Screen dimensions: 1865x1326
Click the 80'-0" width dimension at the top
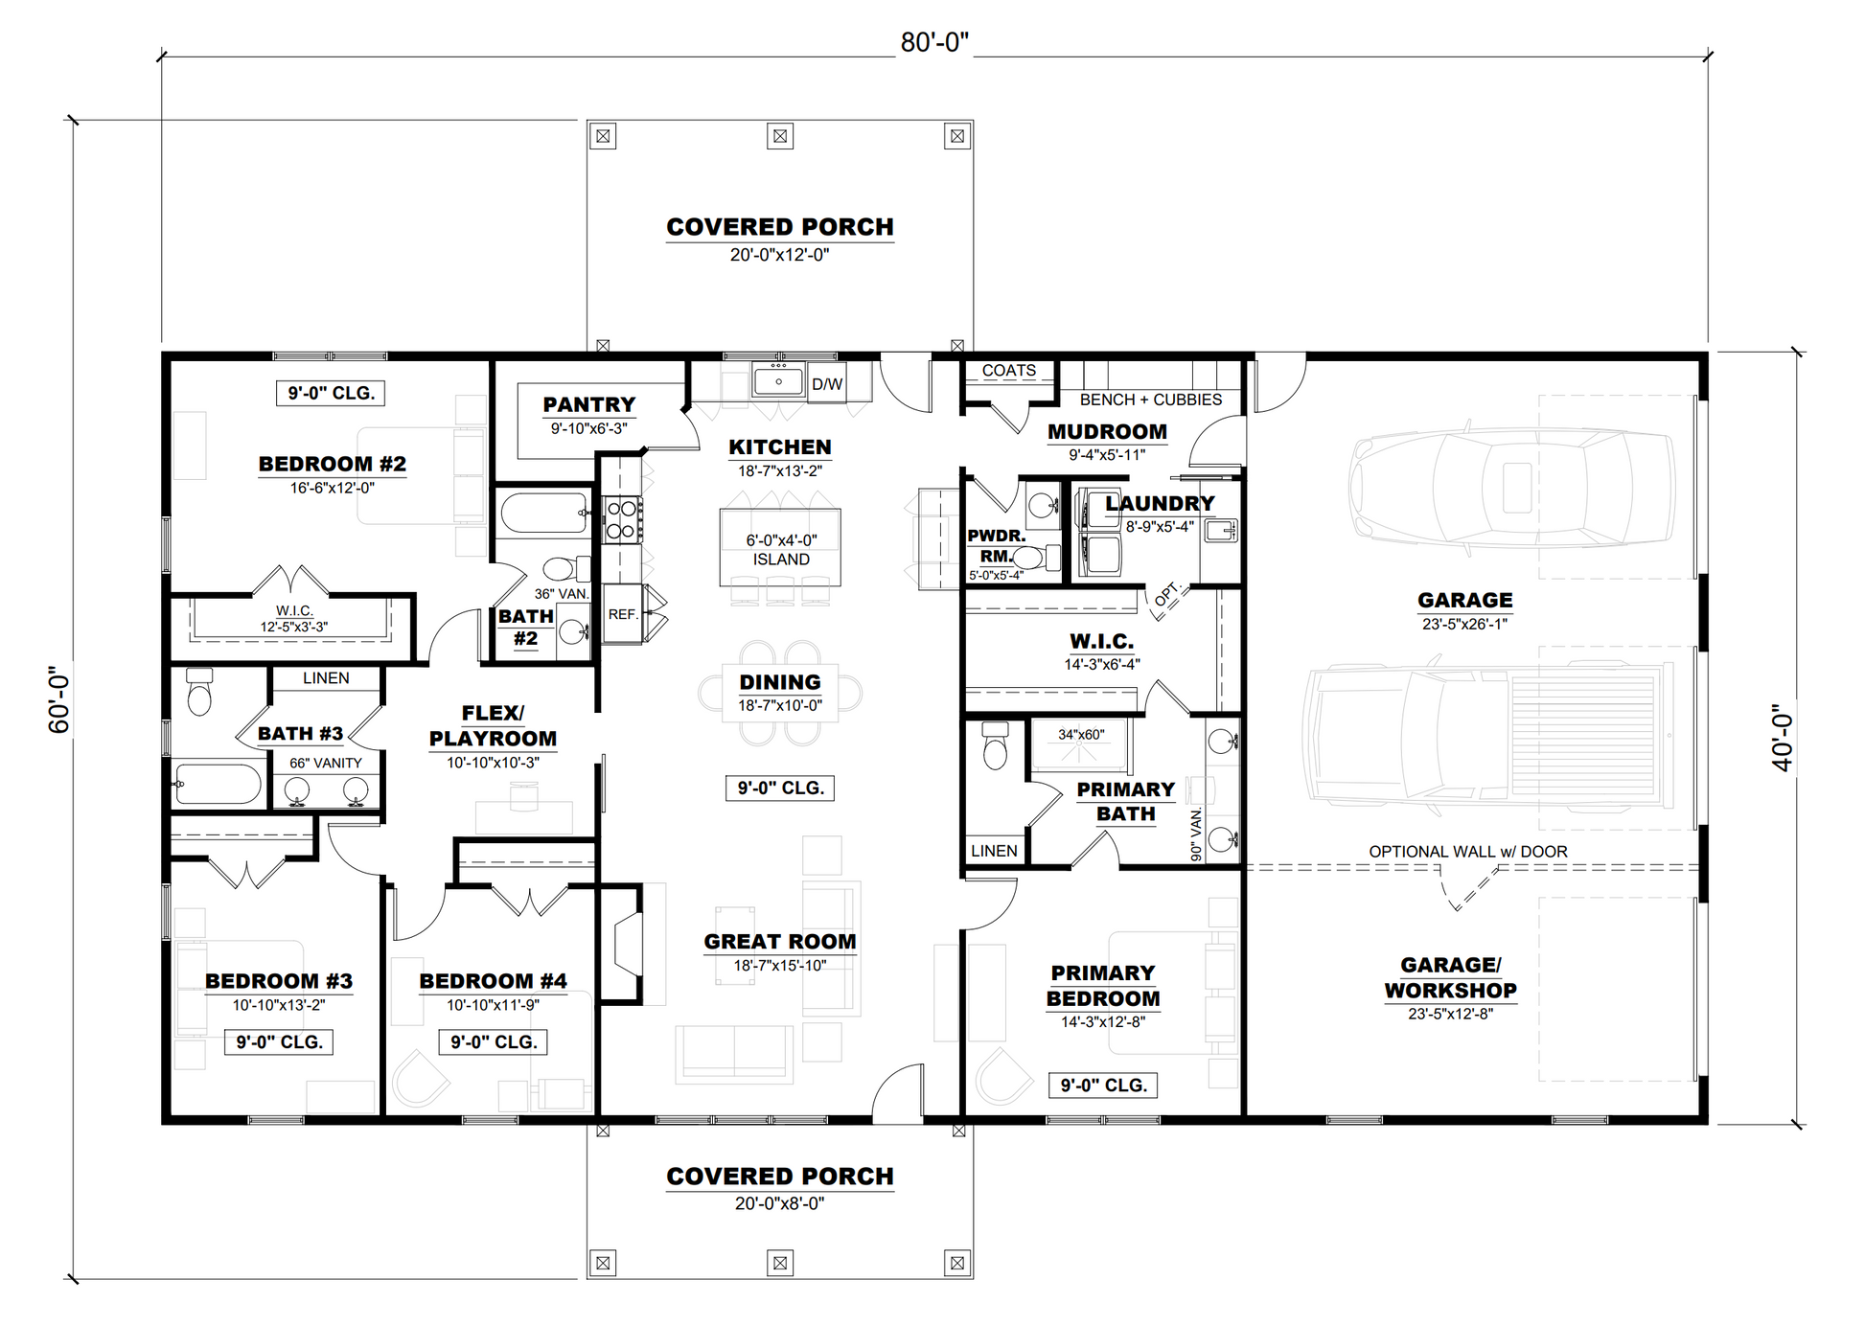click(x=934, y=43)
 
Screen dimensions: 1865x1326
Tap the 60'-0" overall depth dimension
click(x=59, y=700)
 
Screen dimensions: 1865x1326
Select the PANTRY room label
click(x=589, y=404)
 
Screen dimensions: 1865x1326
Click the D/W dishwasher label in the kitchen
click(x=827, y=384)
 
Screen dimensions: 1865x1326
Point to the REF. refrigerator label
click(x=623, y=614)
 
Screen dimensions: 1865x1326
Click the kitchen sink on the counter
click(x=778, y=380)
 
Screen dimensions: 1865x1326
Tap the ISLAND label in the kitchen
click(x=781, y=560)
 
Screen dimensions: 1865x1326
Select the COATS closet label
click(x=1009, y=371)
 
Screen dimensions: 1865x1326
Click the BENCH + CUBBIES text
click(x=1151, y=400)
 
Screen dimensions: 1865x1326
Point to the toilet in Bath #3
click(x=199, y=692)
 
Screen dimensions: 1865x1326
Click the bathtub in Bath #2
click(x=543, y=514)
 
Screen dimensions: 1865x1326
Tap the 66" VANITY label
click(x=326, y=764)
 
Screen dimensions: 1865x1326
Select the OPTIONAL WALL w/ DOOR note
click(x=1468, y=852)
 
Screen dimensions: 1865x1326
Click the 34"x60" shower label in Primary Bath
click(x=1081, y=735)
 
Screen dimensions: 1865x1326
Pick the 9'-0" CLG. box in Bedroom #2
click(x=332, y=393)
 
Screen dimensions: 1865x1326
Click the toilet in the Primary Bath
click(x=996, y=745)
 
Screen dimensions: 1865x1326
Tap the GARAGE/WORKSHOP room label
click(x=1451, y=978)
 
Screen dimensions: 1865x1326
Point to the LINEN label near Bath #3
click(x=326, y=678)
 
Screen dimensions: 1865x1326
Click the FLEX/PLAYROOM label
click(x=493, y=726)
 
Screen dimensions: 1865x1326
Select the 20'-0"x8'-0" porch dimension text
click(x=780, y=1203)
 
